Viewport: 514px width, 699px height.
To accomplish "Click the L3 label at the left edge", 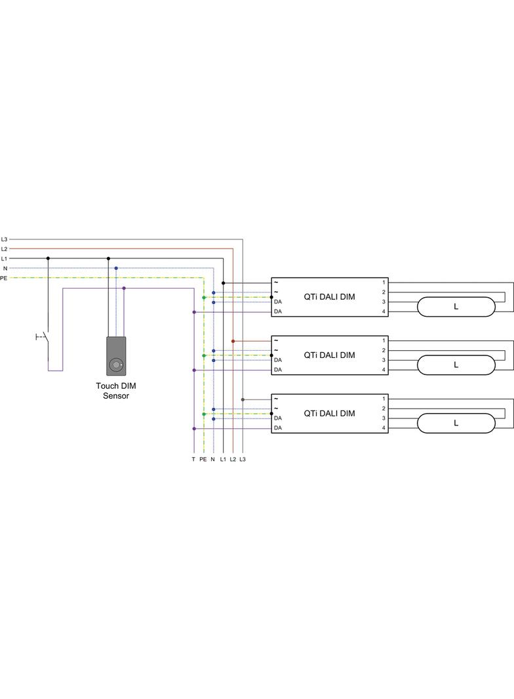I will [x=4, y=239].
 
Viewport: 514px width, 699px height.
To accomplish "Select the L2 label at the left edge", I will [x=4, y=249].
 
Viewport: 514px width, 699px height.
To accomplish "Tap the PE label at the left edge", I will [x=4, y=278].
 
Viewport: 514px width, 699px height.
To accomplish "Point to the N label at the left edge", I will [x=5, y=268].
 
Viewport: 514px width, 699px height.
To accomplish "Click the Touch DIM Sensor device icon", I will [x=116, y=356].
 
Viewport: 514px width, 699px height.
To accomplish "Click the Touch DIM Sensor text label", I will [x=116, y=391].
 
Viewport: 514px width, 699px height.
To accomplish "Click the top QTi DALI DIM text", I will [x=329, y=297].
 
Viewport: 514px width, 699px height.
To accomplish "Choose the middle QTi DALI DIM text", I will [x=329, y=355].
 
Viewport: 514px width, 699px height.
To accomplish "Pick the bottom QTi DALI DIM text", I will [x=329, y=413].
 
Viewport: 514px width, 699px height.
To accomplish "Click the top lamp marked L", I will [x=456, y=307].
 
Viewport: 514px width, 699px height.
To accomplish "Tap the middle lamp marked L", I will [x=456, y=365].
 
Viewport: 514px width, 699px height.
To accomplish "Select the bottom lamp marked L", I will [x=456, y=423].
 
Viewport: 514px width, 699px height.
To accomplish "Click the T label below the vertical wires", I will [x=193, y=460].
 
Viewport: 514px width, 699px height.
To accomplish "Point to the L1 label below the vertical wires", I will [x=223, y=460].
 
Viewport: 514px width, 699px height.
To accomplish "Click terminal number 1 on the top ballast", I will [x=384, y=283].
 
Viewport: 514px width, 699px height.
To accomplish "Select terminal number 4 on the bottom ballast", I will [x=384, y=428].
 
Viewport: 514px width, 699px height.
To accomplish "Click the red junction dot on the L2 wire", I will [x=233, y=341].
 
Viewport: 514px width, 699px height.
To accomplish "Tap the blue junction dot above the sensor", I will [x=116, y=268].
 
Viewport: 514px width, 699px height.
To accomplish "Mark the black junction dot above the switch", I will [x=48, y=258].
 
